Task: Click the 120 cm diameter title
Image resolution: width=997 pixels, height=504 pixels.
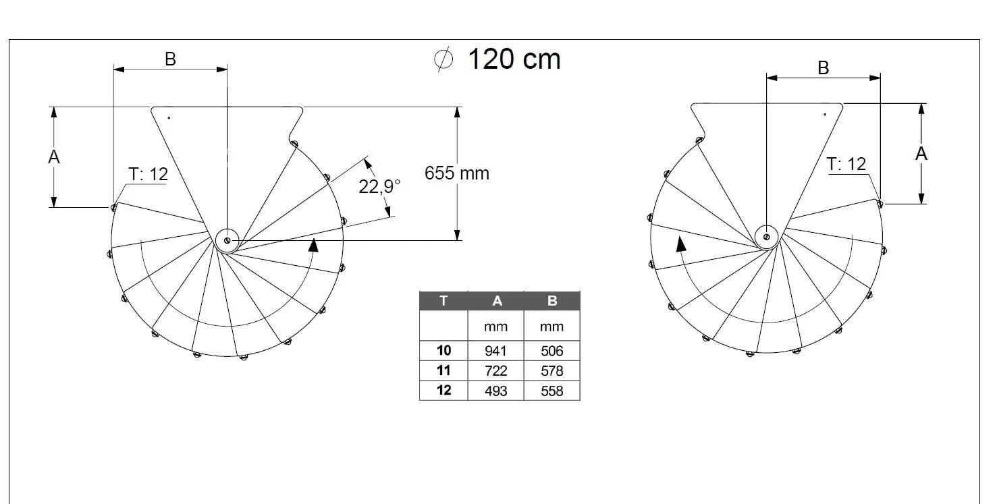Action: [497, 59]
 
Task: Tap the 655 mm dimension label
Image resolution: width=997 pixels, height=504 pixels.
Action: [457, 173]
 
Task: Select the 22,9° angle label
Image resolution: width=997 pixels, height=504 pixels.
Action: [379, 186]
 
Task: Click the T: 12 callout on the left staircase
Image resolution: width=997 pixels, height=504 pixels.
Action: [149, 174]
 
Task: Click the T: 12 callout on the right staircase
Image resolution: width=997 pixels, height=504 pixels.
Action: [846, 164]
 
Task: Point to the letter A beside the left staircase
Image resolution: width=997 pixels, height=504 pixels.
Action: [54, 157]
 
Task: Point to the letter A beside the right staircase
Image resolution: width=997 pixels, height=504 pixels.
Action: [921, 154]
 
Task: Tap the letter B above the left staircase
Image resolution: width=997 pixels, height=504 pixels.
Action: [171, 59]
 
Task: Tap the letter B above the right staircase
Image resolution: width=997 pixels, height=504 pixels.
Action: [824, 68]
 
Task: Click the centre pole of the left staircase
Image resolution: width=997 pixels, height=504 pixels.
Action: [227, 241]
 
